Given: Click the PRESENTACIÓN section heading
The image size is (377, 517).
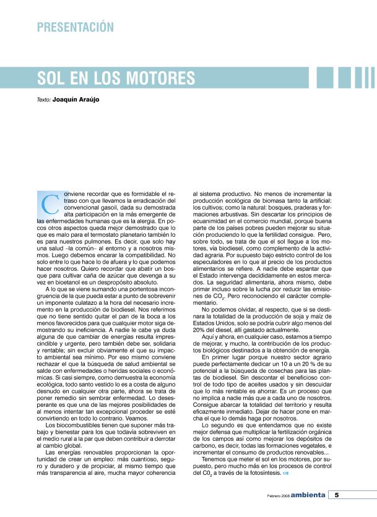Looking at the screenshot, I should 75,27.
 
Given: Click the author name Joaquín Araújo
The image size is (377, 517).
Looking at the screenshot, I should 76,99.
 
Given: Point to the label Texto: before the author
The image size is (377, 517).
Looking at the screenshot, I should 43,99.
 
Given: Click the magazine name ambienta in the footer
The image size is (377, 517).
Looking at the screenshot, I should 307,495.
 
